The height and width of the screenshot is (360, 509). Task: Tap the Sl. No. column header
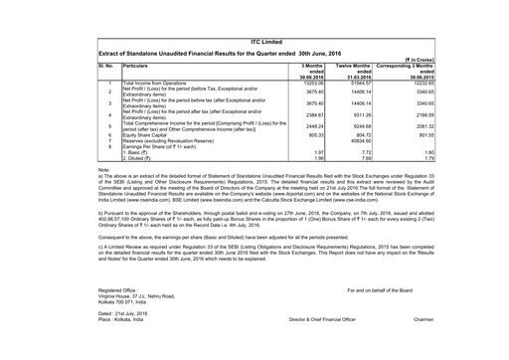click(107, 64)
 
